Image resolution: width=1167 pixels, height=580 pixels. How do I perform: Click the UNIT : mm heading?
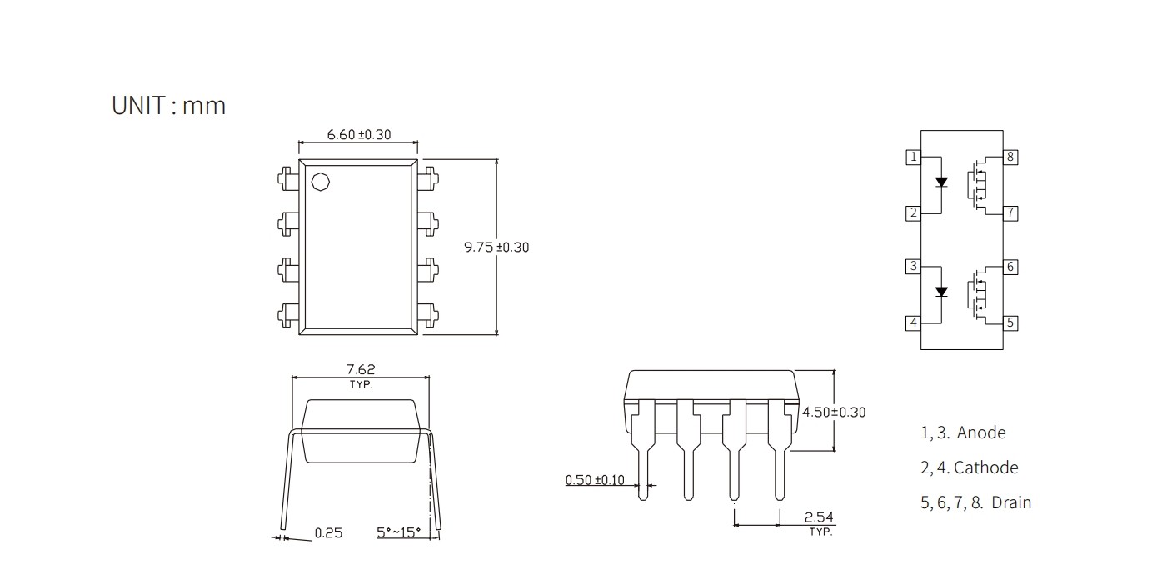coord(168,105)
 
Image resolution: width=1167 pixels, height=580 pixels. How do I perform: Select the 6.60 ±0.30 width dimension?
coord(359,134)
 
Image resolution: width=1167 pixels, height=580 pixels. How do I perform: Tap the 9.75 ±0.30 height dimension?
coord(496,247)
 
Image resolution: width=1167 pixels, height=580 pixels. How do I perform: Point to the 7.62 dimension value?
coord(361,369)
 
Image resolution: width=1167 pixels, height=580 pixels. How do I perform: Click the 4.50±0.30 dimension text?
coord(834,412)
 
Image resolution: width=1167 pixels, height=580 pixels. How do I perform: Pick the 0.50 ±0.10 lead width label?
coord(595,480)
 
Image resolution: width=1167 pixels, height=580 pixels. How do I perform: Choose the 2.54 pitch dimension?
coord(819,517)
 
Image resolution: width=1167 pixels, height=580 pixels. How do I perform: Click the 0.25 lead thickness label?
coord(328,532)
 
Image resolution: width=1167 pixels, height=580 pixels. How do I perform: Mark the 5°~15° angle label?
coord(398,532)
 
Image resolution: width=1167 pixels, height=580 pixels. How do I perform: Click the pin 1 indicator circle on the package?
coord(321,182)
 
